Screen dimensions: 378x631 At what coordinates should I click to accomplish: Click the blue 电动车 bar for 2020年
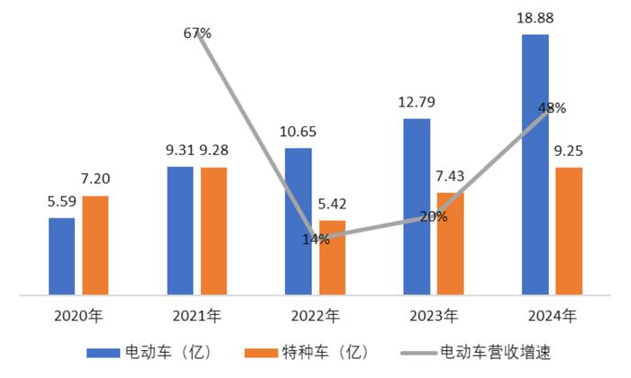pos(61,255)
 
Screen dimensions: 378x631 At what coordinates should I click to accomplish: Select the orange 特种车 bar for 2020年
pos(95,244)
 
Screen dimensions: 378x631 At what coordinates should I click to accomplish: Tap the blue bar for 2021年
pos(180,230)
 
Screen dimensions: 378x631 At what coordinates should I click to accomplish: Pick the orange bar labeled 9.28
pos(214,230)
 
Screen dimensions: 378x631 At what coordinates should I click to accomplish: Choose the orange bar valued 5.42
pos(332,257)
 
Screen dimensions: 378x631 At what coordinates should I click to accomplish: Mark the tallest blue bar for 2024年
pos(535,164)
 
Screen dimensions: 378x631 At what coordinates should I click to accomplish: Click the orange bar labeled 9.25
pos(569,230)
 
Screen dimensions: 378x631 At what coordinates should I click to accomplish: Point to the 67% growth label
pos(197,33)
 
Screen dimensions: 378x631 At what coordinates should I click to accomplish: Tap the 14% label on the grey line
pos(315,239)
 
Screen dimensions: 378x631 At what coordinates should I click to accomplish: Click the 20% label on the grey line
pos(434,217)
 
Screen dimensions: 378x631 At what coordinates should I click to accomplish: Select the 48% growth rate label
pos(552,108)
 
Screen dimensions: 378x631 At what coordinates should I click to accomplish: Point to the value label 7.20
pos(95,180)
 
